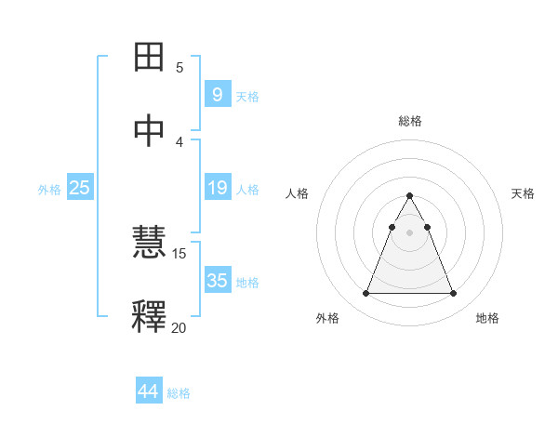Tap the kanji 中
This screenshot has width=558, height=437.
(150, 131)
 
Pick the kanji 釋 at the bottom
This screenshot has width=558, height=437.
(150, 317)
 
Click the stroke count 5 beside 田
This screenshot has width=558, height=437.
(179, 67)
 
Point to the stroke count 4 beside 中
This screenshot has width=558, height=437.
(179, 141)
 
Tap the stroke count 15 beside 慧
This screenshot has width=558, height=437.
(179, 254)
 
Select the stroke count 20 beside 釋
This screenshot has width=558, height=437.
(179, 327)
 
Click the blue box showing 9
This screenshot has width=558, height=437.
(217, 95)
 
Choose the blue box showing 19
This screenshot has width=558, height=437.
(217, 189)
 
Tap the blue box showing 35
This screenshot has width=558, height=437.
(217, 281)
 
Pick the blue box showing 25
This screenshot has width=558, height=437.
(79, 189)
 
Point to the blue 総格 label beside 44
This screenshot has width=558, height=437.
(179, 393)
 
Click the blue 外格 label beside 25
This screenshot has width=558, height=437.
(49, 190)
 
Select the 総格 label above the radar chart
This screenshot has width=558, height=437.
(409, 121)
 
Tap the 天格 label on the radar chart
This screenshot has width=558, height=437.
(523, 193)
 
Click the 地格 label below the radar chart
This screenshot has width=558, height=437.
(487, 318)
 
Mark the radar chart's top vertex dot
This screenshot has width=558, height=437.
(409, 196)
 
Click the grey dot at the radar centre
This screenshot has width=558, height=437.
(409, 232)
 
